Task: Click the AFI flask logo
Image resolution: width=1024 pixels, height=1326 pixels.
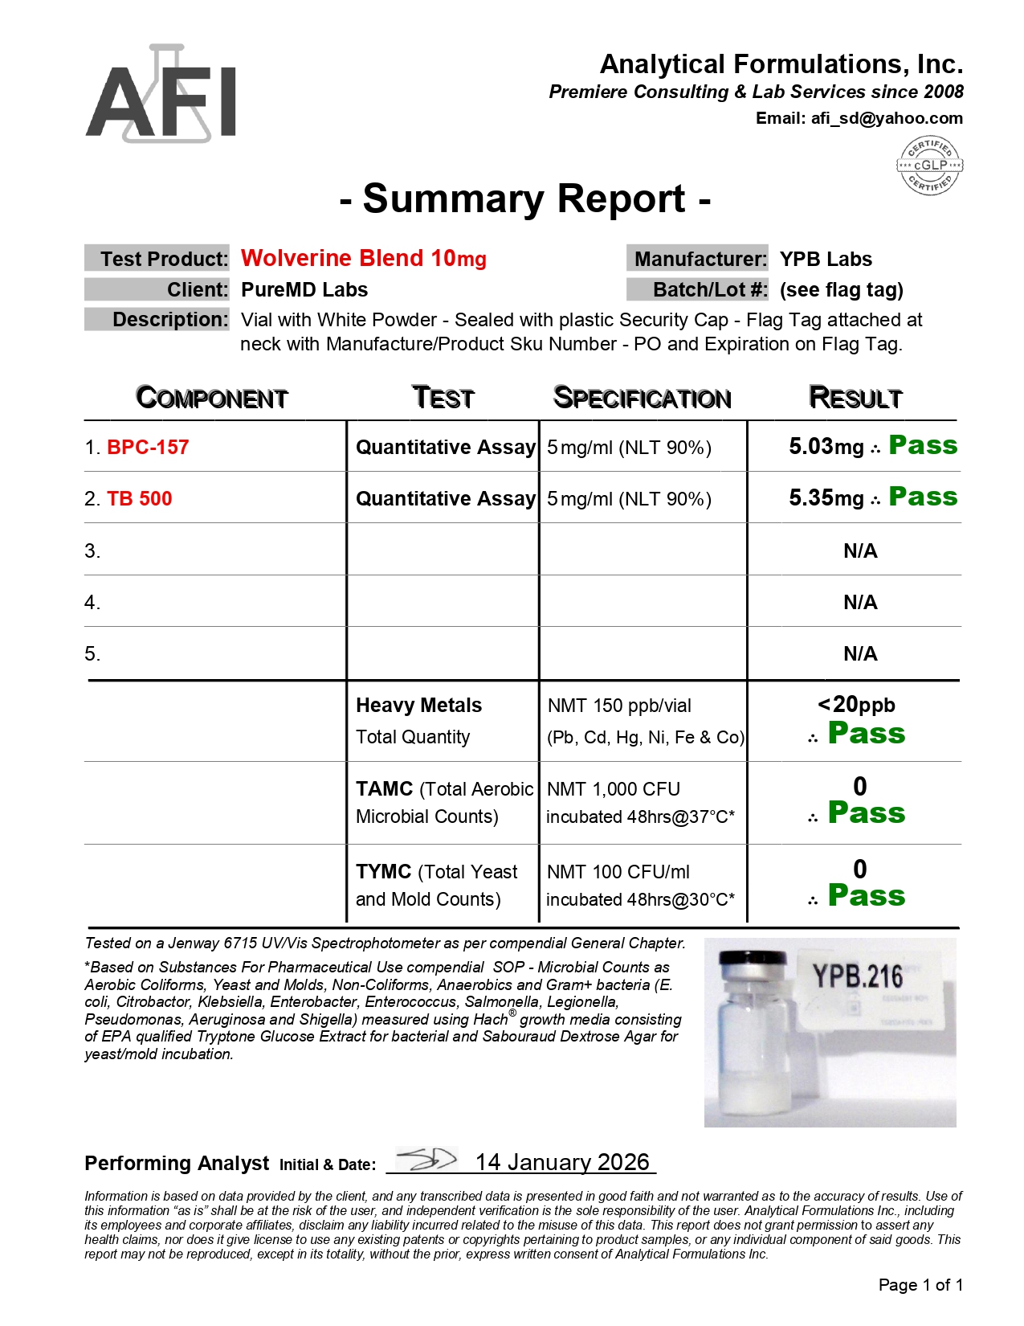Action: click(161, 95)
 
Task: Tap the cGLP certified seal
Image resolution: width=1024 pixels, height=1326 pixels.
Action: click(929, 165)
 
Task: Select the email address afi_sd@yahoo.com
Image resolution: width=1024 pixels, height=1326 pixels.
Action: click(886, 118)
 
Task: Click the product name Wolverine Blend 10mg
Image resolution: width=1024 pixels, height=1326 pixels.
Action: click(363, 258)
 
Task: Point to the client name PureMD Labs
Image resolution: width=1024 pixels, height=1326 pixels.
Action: click(304, 289)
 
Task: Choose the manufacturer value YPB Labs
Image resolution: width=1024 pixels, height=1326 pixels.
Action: click(826, 259)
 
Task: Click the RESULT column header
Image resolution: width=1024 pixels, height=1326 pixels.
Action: click(855, 397)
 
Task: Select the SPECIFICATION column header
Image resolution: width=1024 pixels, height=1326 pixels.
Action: click(642, 398)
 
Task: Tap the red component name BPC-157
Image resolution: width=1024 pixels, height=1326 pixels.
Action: click(148, 447)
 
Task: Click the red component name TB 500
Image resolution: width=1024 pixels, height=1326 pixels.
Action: click(139, 498)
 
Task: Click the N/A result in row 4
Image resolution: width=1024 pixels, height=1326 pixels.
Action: click(860, 602)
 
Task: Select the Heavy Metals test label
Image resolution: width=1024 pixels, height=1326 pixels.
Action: click(418, 705)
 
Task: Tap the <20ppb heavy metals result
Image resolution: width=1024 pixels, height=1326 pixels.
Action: click(856, 705)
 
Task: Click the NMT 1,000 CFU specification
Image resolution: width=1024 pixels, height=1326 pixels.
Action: click(614, 789)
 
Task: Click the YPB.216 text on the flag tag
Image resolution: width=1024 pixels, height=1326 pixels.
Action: click(858, 976)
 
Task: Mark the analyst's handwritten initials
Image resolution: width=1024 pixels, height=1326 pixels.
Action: click(427, 1160)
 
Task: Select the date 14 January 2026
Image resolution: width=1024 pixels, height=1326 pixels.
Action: click(562, 1162)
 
